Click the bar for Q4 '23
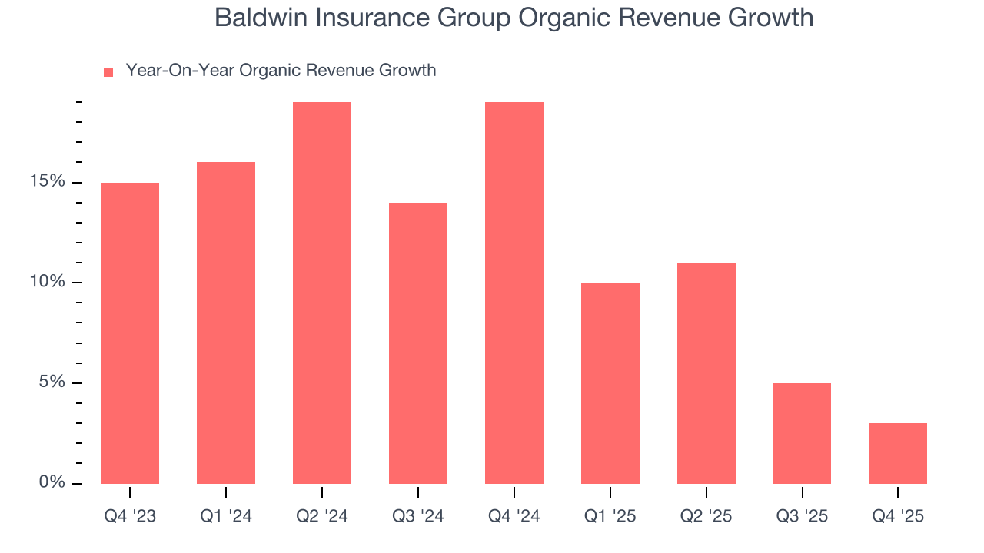pos(130,333)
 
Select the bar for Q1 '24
pos(226,323)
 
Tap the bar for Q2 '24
pos(322,293)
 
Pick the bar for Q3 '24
pos(418,343)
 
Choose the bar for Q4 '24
pos(514,293)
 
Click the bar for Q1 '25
pos(610,383)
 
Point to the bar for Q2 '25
pos(706,373)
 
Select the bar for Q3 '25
pos(802,433)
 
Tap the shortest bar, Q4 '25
pos(898,453)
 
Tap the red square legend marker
pos(108,71)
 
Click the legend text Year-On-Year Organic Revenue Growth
pos(281,71)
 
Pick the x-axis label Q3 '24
pos(418,516)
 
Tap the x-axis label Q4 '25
pos(898,516)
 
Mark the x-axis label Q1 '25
pos(610,516)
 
